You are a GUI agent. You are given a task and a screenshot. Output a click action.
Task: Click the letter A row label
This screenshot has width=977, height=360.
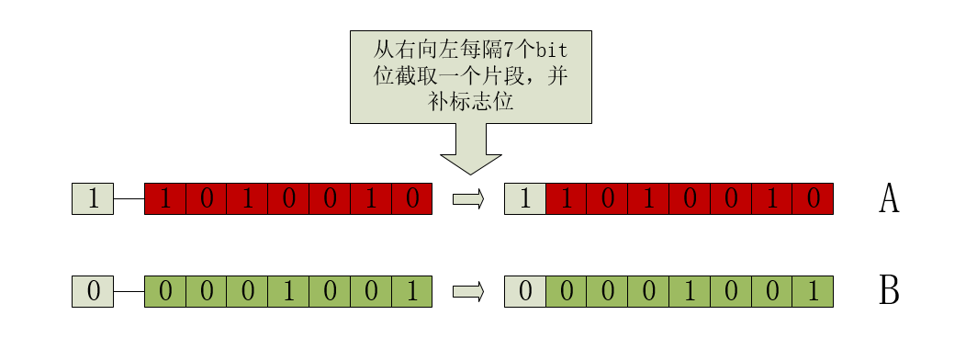tap(888, 198)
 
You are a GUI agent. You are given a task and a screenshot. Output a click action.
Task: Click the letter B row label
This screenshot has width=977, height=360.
tap(888, 291)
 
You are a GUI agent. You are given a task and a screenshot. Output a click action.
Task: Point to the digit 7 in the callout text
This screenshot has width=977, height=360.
tap(506, 51)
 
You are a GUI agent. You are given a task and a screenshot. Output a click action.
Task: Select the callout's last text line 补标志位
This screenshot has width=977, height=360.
tap(470, 102)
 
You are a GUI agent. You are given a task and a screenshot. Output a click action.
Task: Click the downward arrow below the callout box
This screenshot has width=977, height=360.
tap(470, 152)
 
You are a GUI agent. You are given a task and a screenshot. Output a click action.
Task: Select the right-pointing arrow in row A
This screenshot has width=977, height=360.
tap(468, 198)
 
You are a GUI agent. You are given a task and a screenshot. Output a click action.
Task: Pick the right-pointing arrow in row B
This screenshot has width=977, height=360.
tap(468, 292)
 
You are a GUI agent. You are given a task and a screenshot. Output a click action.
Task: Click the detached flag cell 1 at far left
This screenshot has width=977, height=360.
tap(93, 198)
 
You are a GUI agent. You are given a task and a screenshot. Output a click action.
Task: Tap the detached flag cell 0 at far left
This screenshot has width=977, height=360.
tap(93, 292)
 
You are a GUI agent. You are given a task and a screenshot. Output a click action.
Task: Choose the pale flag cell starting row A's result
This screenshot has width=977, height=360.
tap(525, 198)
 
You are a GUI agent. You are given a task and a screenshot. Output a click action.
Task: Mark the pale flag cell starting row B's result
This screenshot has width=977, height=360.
tap(525, 292)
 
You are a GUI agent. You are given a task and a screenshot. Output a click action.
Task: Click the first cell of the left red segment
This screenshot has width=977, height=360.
tap(165, 198)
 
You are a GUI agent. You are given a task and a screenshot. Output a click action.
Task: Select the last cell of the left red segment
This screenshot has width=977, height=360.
tap(411, 198)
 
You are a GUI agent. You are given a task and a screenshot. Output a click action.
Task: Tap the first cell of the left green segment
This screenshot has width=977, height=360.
tap(165, 292)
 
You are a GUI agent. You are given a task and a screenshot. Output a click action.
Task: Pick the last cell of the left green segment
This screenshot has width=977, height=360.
tap(411, 292)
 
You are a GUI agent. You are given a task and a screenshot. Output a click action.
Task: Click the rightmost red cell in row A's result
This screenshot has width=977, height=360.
tap(813, 198)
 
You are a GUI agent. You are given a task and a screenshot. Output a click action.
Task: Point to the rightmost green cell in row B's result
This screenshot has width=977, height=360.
tap(813, 292)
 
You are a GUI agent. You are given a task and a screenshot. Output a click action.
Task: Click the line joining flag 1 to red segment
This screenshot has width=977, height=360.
tap(129, 198)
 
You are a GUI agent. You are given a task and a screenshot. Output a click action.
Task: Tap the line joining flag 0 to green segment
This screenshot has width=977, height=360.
tap(129, 292)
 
